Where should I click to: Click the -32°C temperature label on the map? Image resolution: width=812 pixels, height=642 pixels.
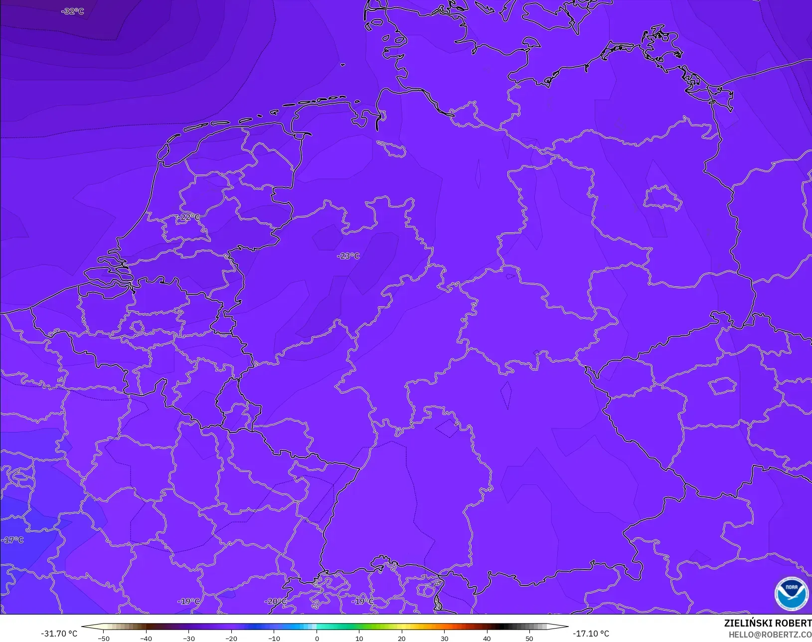coord(73,11)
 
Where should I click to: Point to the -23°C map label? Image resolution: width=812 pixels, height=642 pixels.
coord(348,256)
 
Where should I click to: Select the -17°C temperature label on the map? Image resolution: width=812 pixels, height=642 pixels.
coord(12,540)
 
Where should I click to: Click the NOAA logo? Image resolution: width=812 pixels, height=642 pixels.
coord(791,594)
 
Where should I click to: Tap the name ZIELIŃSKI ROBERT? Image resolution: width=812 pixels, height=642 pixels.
coord(768,624)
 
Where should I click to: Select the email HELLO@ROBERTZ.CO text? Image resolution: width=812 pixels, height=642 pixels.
coord(770,635)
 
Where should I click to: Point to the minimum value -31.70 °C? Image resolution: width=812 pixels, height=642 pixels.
coord(59,634)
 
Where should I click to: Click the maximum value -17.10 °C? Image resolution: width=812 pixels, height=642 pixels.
coord(591,634)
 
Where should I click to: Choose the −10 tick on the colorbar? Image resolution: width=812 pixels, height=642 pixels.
coord(274,638)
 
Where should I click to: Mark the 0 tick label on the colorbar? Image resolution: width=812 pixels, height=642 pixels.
coord(317,638)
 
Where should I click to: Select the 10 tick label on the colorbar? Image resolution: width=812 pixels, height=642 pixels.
coord(359,638)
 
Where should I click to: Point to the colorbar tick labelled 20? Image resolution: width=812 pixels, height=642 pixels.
coord(402,638)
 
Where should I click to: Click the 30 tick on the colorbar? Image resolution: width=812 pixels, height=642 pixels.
coord(444,638)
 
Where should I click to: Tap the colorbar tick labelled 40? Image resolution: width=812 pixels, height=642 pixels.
coord(487,638)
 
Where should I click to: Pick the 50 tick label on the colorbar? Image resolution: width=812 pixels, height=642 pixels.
coord(529,638)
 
